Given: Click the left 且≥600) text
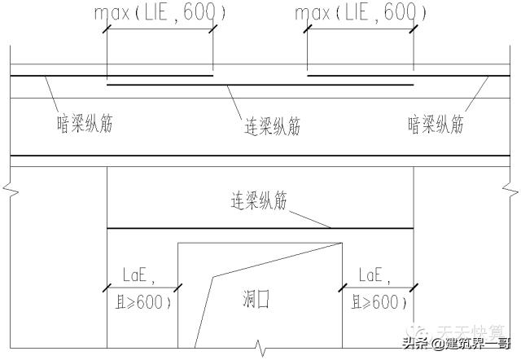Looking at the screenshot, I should click(142, 302).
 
